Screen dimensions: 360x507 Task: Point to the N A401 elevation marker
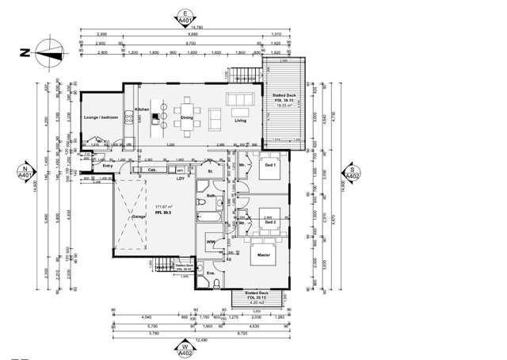click(x=25, y=173)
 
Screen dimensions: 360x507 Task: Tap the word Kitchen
click(x=142, y=109)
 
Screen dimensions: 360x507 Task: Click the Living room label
click(x=240, y=120)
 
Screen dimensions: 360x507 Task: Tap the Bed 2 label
click(x=270, y=223)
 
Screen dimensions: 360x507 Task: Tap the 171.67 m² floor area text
click(x=164, y=205)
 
